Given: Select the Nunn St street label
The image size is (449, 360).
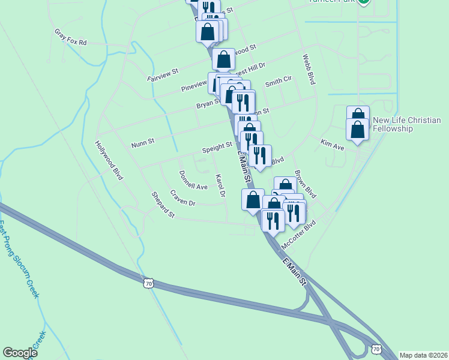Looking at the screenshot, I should (143, 142).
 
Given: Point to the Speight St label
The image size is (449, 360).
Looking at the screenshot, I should (217, 146).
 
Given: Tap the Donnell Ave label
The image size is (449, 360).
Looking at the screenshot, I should (193, 180).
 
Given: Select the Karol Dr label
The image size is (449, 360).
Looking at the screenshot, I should (220, 186).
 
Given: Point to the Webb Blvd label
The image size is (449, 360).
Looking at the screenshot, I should (309, 69).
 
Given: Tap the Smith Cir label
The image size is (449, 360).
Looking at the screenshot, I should (278, 81).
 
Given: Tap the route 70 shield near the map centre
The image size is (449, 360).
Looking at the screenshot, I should (150, 282).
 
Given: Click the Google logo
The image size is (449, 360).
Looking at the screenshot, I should (20, 353).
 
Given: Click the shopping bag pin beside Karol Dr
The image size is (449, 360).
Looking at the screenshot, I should (253, 200).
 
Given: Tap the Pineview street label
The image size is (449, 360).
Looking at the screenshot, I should (193, 85).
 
